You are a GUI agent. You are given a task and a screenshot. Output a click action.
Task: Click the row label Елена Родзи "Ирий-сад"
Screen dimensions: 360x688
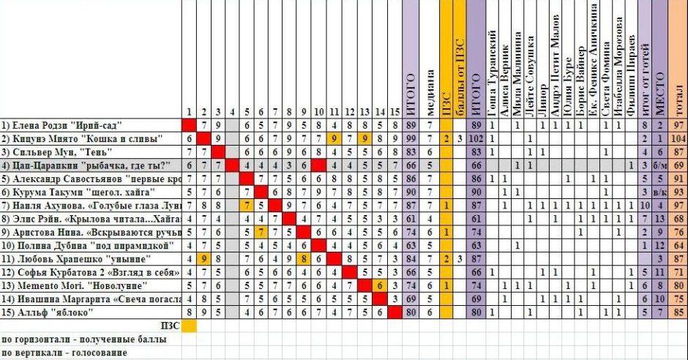(x=61, y=126)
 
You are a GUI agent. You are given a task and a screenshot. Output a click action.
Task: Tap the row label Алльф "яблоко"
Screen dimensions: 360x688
(x=50, y=312)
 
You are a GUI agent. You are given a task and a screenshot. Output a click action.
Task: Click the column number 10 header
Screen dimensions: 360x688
(x=318, y=113)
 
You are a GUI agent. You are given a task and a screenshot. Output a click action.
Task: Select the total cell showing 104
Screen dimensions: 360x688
(x=678, y=139)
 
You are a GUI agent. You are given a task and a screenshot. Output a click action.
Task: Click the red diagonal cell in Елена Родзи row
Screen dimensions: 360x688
(x=189, y=126)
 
